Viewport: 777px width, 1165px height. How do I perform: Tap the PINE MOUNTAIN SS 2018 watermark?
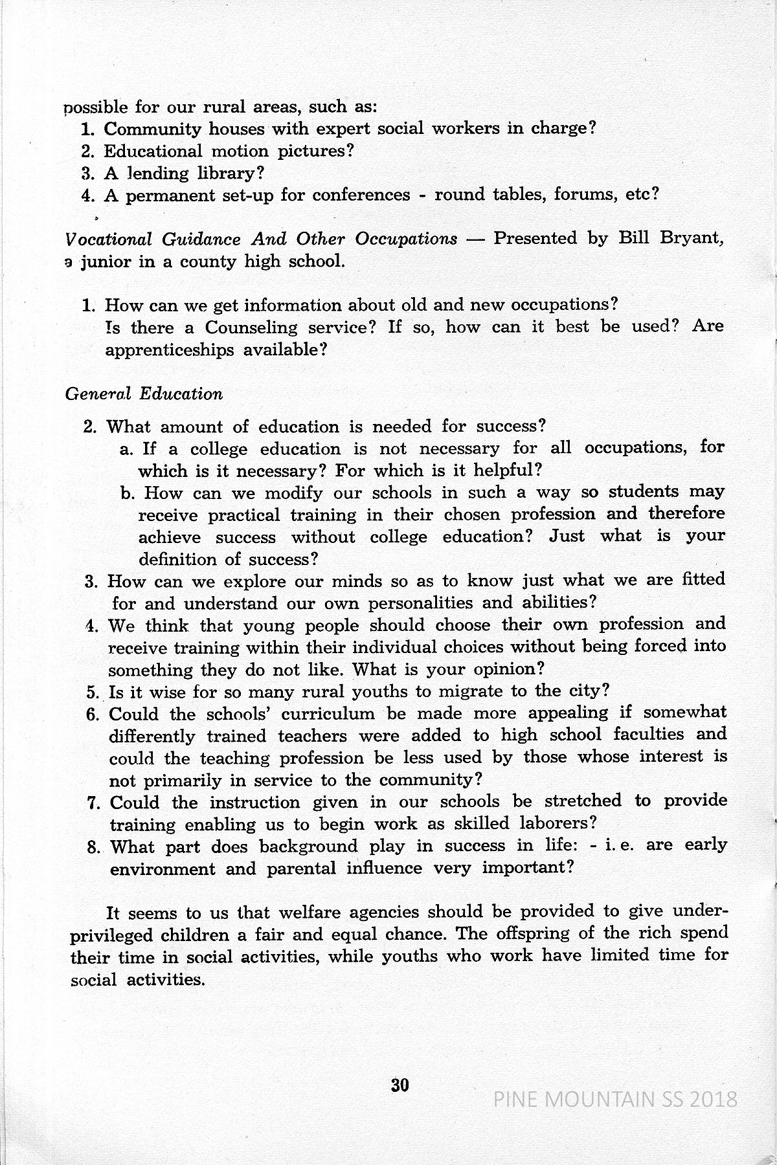(615, 1099)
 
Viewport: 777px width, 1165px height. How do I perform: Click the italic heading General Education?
(144, 394)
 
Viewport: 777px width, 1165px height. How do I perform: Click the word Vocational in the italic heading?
(108, 239)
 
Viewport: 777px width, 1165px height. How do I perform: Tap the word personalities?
(422, 603)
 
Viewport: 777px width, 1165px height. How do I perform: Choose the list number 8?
(92, 847)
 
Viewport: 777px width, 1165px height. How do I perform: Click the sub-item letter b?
(127, 493)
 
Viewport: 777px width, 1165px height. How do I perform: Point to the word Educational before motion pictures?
(153, 151)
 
